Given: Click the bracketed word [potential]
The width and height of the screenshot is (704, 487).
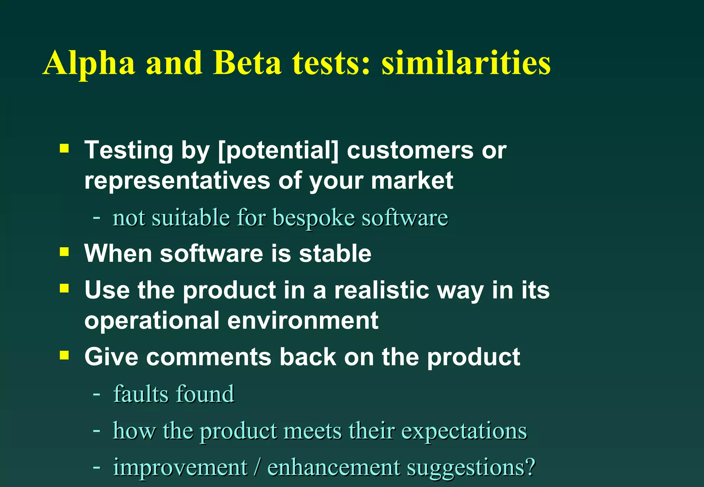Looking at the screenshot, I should pos(278,150).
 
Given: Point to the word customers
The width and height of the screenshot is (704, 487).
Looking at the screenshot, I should pos(410,150).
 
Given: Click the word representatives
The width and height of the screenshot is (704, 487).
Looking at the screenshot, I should pos(177,181).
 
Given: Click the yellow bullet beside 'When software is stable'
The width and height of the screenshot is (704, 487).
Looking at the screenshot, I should pos(64,252).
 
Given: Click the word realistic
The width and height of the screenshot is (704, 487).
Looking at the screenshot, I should pos(382,290).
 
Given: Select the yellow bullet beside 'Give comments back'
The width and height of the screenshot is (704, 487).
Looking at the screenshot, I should pos(64,355).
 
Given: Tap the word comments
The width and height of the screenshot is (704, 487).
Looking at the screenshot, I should pos(209,357).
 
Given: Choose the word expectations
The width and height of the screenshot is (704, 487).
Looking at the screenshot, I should pos(464,431).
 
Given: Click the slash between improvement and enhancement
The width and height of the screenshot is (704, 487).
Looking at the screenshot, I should pos(257,467).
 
